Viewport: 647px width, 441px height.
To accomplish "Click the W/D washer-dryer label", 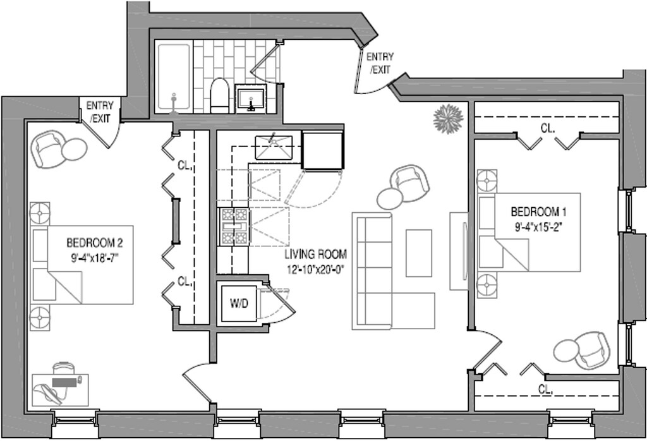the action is click(x=239, y=304).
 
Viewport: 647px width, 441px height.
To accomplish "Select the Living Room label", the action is click(x=316, y=254).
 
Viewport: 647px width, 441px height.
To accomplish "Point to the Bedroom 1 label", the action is click(x=538, y=212).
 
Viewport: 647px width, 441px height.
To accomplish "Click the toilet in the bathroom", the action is click(x=219, y=95).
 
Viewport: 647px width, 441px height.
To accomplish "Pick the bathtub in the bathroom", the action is click(x=174, y=77).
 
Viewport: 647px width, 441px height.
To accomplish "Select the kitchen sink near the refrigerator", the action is click(x=274, y=147).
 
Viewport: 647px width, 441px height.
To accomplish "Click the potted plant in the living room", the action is click(x=448, y=119).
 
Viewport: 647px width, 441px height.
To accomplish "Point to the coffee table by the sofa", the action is click(x=418, y=253).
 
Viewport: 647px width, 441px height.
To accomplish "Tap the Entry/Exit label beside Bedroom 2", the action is click(x=99, y=112).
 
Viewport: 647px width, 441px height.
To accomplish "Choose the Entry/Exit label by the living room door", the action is click(x=380, y=63).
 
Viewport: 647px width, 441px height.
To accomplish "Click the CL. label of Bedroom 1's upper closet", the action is click(x=548, y=129).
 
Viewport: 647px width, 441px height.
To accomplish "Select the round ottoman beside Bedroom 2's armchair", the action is click(x=75, y=148).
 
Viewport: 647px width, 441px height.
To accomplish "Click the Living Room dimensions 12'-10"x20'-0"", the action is click(x=316, y=269).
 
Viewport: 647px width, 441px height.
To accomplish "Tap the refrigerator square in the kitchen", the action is click(x=323, y=150).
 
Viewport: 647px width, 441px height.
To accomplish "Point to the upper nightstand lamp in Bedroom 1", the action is click(x=487, y=180).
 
